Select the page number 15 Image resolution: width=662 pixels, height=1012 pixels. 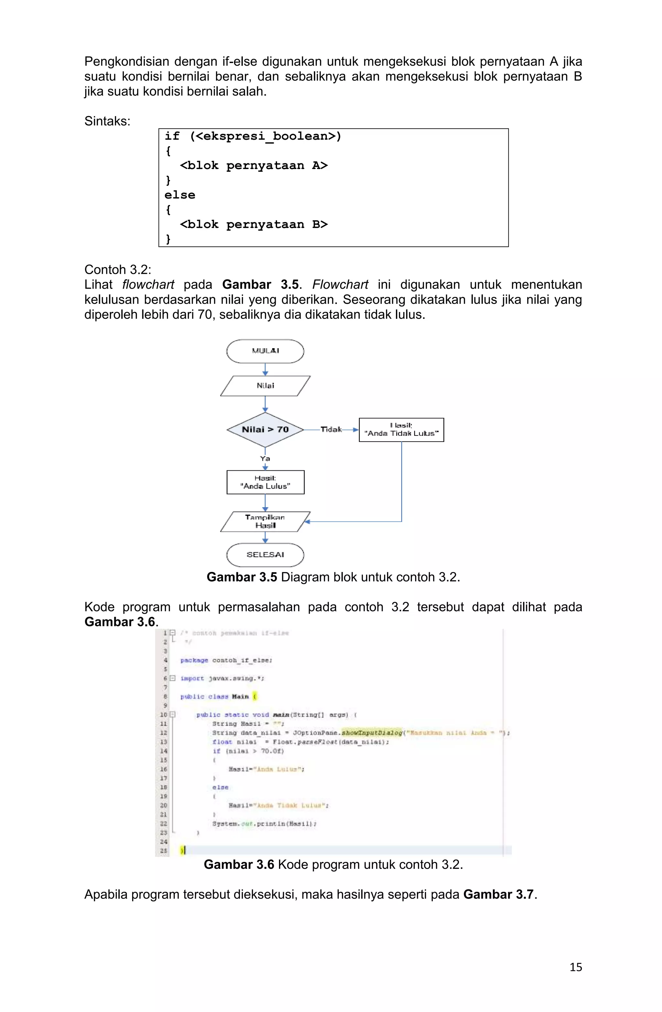tap(575, 967)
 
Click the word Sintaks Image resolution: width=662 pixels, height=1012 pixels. tap(107, 121)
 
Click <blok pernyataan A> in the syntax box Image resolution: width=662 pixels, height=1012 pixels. tap(253, 166)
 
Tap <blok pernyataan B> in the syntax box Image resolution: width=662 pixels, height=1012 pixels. tap(253, 224)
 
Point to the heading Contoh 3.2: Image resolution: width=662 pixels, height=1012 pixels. tap(118, 270)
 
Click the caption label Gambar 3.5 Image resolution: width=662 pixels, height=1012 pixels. tap(241, 577)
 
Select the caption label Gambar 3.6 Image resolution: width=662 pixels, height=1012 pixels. tap(239, 865)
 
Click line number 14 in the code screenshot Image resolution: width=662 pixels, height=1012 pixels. tap(164, 751)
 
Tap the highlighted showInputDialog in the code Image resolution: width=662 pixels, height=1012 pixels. tap(372, 733)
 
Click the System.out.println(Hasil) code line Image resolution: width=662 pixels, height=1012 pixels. tap(264, 824)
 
